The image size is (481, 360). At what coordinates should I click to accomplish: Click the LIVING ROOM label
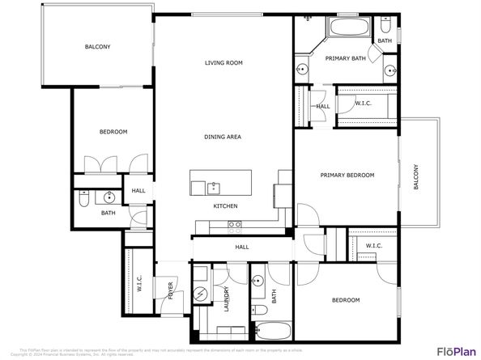(223, 62)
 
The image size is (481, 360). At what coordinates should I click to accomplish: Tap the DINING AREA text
(223, 137)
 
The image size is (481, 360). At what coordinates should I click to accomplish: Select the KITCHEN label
(225, 206)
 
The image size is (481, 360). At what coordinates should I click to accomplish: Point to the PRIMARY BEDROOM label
(347, 175)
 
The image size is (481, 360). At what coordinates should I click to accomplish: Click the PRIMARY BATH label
(346, 58)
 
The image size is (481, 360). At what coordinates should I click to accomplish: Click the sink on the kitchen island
(214, 188)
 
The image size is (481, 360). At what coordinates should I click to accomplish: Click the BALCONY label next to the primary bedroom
(417, 177)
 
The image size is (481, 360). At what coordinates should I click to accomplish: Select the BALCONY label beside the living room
(98, 47)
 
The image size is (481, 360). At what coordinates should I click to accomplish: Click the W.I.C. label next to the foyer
(139, 284)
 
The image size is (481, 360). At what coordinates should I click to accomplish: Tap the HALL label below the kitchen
(241, 247)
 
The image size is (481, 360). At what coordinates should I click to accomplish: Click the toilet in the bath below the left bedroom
(83, 196)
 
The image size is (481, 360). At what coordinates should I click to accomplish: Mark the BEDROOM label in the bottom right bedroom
(346, 300)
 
